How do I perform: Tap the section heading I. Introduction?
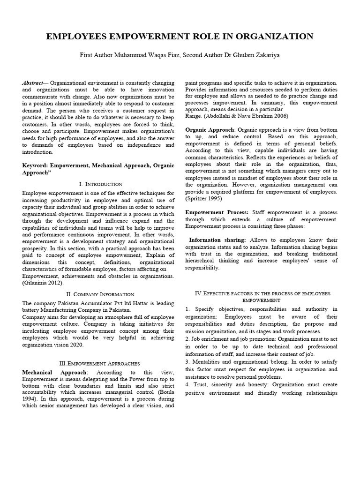click(x=98, y=184)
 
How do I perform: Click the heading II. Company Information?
click(x=98, y=294)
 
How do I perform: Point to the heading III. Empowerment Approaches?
click(x=98, y=363)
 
